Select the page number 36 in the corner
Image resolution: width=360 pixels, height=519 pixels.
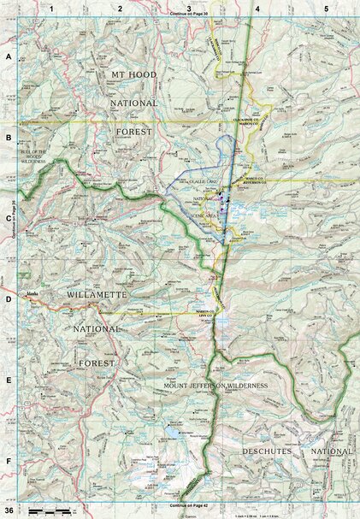tap(9, 510)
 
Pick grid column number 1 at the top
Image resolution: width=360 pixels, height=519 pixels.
tap(52, 9)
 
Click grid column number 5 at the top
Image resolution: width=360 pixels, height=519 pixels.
tap(326, 9)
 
